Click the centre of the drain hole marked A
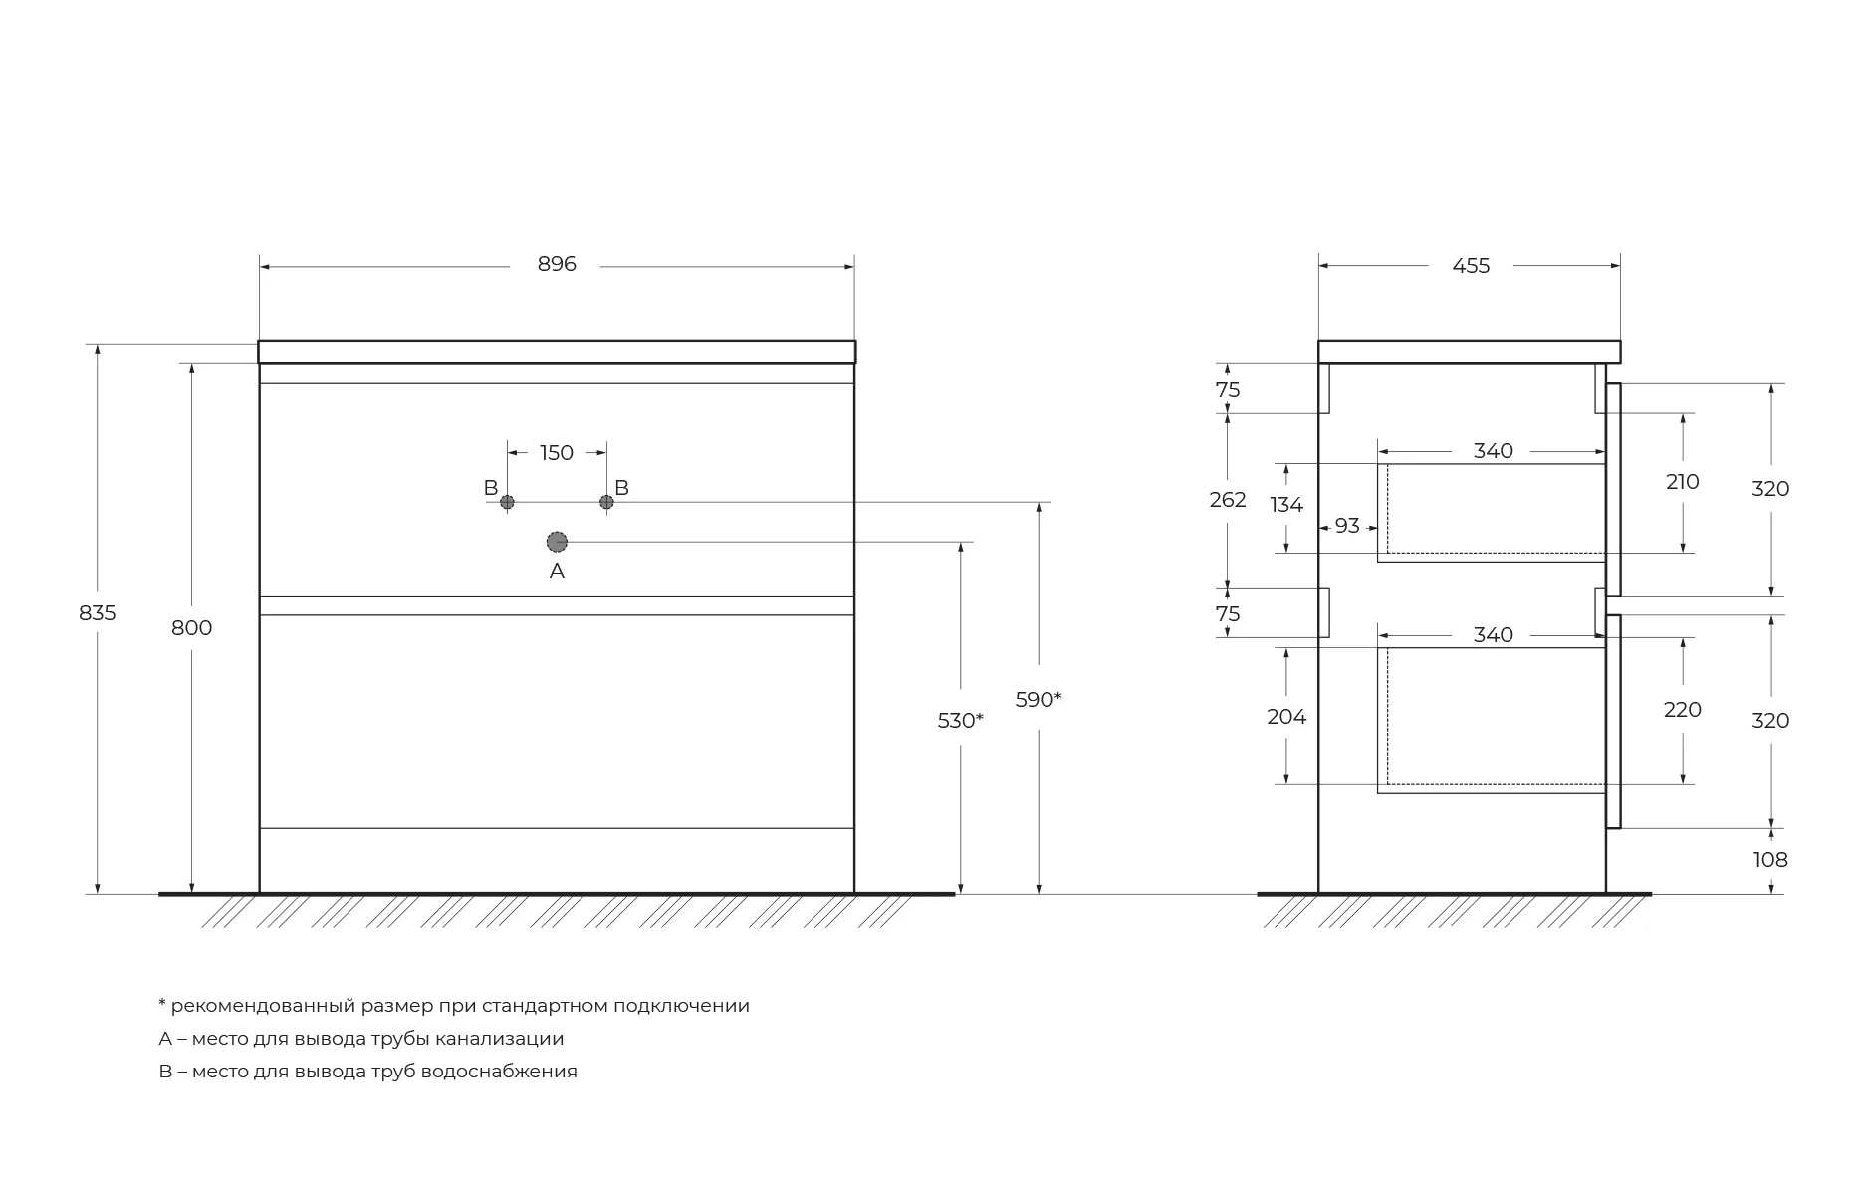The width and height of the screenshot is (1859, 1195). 557,542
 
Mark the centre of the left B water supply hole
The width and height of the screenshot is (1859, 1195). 507,502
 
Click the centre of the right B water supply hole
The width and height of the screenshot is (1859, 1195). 606,502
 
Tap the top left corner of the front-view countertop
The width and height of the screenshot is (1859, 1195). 259,341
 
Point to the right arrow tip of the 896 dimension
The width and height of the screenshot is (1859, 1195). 853,267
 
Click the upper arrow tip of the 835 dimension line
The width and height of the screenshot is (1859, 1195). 98,345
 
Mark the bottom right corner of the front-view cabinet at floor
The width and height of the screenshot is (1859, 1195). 854,893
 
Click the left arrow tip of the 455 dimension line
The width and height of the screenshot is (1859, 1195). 1319,266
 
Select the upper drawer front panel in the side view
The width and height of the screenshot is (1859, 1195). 1613,490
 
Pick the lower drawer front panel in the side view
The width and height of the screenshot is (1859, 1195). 1613,721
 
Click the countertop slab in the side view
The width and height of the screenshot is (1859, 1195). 1469,352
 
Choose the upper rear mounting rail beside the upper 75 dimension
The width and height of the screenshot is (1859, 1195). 1324,388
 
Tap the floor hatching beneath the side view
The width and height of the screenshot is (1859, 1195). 1454,911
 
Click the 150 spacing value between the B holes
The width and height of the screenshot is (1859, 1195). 557,453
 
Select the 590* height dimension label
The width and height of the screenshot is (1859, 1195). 1039,700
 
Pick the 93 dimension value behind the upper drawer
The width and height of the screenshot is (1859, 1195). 1347,525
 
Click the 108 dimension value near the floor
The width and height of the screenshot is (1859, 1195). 1770,860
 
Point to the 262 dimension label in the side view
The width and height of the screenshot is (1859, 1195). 1228,500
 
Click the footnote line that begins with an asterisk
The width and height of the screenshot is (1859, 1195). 454,1006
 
